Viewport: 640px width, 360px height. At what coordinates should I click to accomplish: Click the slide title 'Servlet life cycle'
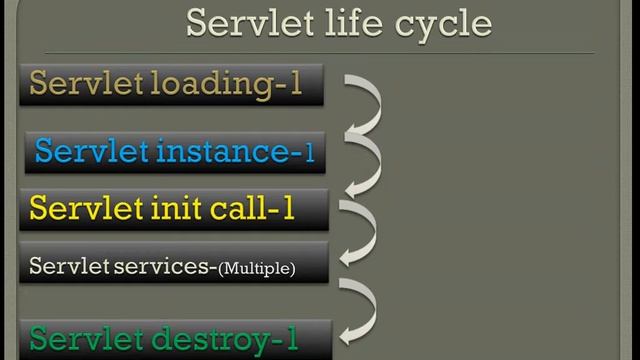coord(339,23)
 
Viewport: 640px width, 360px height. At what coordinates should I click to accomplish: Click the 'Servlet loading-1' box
coord(171,84)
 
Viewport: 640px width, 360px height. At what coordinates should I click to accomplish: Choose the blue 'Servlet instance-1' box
coord(175,152)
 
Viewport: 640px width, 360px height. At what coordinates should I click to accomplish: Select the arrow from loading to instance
coord(363,105)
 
